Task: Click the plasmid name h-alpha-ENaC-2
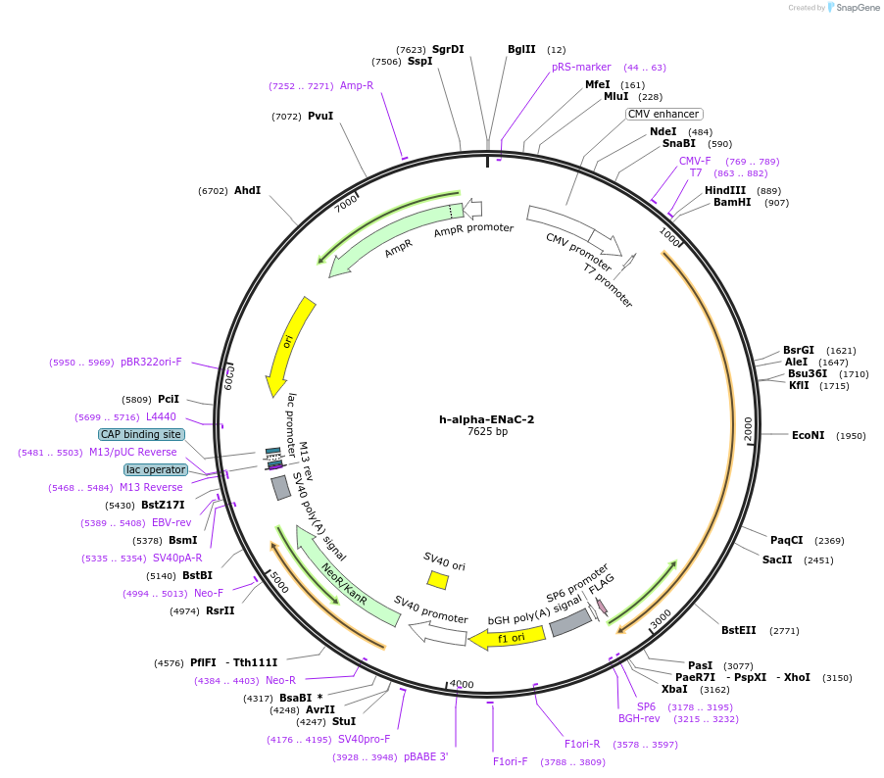point(486,418)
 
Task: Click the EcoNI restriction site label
point(808,435)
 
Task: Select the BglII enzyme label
point(521,49)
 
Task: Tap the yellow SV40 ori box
point(438,580)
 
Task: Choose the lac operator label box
point(155,469)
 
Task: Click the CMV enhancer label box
point(663,114)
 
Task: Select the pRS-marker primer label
point(581,67)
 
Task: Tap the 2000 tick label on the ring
point(748,428)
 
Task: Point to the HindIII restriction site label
point(724,190)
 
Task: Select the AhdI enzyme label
point(247,190)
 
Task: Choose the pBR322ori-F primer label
point(151,362)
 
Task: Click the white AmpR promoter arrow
point(472,208)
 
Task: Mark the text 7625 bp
point(487,431)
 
